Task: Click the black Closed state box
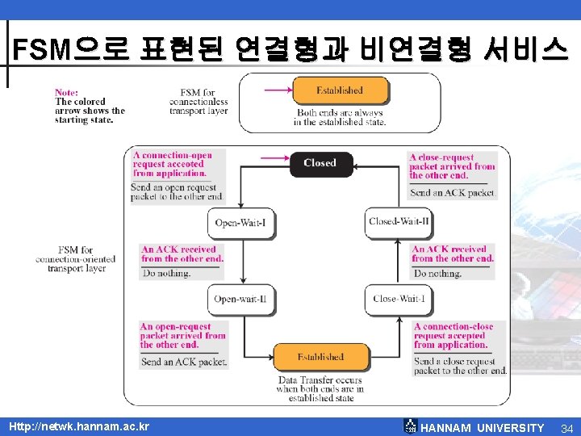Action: coord(320,163)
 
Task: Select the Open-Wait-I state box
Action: coord(240,222)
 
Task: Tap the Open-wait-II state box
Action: coord(240,299)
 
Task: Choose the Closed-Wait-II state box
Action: coord(399,222)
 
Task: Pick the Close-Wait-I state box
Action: coord(399,299)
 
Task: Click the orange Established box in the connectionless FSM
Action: coord(340,90)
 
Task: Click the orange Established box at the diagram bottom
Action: coord(320,357)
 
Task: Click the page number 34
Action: coord(566,427)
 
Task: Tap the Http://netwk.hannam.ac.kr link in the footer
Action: coord(78,426)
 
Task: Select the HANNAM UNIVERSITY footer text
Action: coord(483,427)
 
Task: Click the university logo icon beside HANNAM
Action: coord(411,426)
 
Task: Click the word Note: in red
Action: coord(67,92)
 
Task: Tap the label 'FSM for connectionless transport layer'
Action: coord(199,103)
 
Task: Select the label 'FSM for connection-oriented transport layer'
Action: coord(76,259)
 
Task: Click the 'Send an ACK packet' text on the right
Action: coord(452,193)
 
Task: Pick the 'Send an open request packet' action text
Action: coord(177,191)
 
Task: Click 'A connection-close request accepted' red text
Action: coord(454,336)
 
